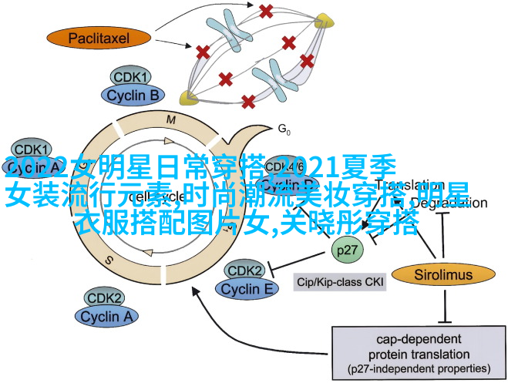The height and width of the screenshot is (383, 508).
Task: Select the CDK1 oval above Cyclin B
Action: (131, 77)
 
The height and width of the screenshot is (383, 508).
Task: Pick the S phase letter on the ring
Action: (110, 260)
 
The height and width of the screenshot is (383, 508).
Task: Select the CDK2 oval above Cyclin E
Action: (244, 271)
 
